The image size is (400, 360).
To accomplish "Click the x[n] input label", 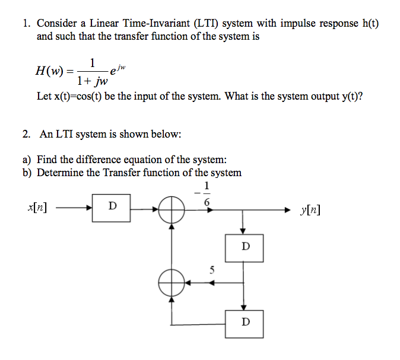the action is click(37, 208).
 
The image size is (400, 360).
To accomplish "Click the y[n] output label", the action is click(310, 210).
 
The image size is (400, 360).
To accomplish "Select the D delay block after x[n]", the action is click(111, 208).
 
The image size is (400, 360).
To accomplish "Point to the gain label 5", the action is click(212, 270).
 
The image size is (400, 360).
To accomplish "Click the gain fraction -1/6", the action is click(204, 193).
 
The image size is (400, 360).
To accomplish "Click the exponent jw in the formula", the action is click(122, 67).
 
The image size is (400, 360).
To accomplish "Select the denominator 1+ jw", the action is click(93, 81).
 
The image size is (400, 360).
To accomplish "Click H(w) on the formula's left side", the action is click(49, 71).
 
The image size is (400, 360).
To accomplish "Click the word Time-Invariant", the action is click(156, 23).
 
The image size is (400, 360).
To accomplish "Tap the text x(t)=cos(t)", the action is click(78, 96).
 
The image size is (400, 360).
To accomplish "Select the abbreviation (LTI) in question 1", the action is click(206, 23).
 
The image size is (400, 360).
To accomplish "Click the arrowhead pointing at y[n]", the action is click(287, 210).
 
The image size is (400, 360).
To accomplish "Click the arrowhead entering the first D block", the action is click(89, 208).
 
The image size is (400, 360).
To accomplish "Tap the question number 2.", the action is click(26, 134).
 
